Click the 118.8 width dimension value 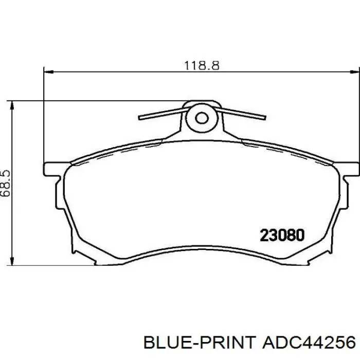(x=202, y=65)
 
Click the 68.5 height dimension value (x=5, y=183)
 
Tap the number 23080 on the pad (x=282, y=236)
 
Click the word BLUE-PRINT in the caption (x=200, y=343)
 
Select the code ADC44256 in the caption (x=309, y=343)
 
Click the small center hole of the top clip (x=202, y=118)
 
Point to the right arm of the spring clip (x=241, y=114)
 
